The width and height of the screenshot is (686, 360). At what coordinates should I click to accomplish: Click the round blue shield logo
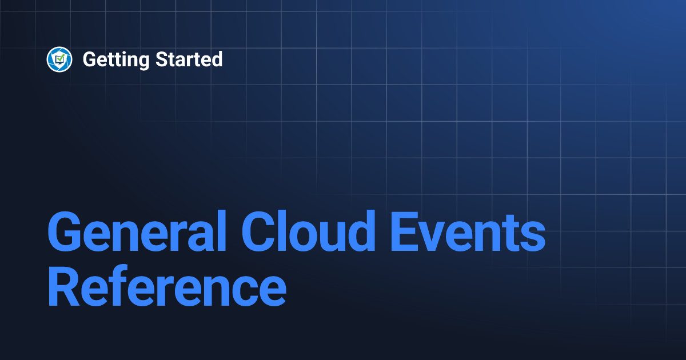[59, 59]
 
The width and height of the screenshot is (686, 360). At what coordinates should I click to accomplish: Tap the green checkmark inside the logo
[59, 58]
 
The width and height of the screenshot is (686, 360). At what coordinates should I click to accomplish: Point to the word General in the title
[137, 232]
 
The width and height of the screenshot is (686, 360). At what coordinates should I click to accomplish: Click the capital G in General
[64, 232]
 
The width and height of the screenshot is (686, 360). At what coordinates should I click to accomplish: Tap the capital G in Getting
[89, 59]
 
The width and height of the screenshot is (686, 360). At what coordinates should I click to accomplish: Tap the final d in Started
[217, 59]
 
